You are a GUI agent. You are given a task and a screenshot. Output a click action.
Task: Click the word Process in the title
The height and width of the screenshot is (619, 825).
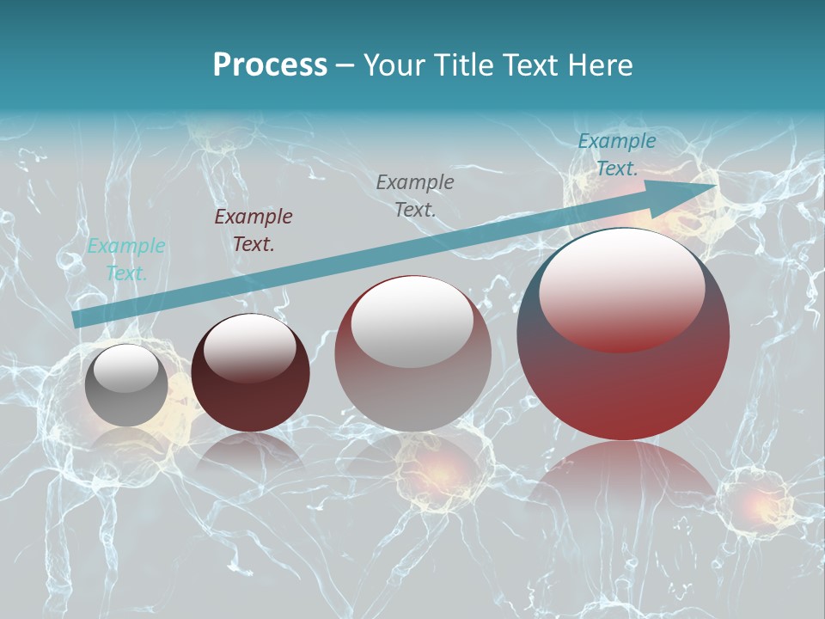(270, 65)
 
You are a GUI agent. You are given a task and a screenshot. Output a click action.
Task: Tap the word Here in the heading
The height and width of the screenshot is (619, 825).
(599, 65)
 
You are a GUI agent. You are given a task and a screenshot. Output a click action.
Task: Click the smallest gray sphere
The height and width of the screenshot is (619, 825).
(126, 385)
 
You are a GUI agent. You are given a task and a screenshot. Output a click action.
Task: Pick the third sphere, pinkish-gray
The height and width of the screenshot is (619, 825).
(412, 353)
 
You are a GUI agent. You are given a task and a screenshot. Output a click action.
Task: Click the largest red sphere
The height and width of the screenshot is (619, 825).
(623, 334)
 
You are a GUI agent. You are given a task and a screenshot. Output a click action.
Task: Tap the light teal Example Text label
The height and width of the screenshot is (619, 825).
(125, 260)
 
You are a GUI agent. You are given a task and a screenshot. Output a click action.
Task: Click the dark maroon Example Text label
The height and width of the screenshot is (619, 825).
(253, 230)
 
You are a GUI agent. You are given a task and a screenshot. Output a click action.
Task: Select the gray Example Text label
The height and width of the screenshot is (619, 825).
(415, 195)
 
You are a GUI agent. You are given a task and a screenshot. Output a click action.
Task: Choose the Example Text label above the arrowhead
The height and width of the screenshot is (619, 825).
(616, 155)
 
